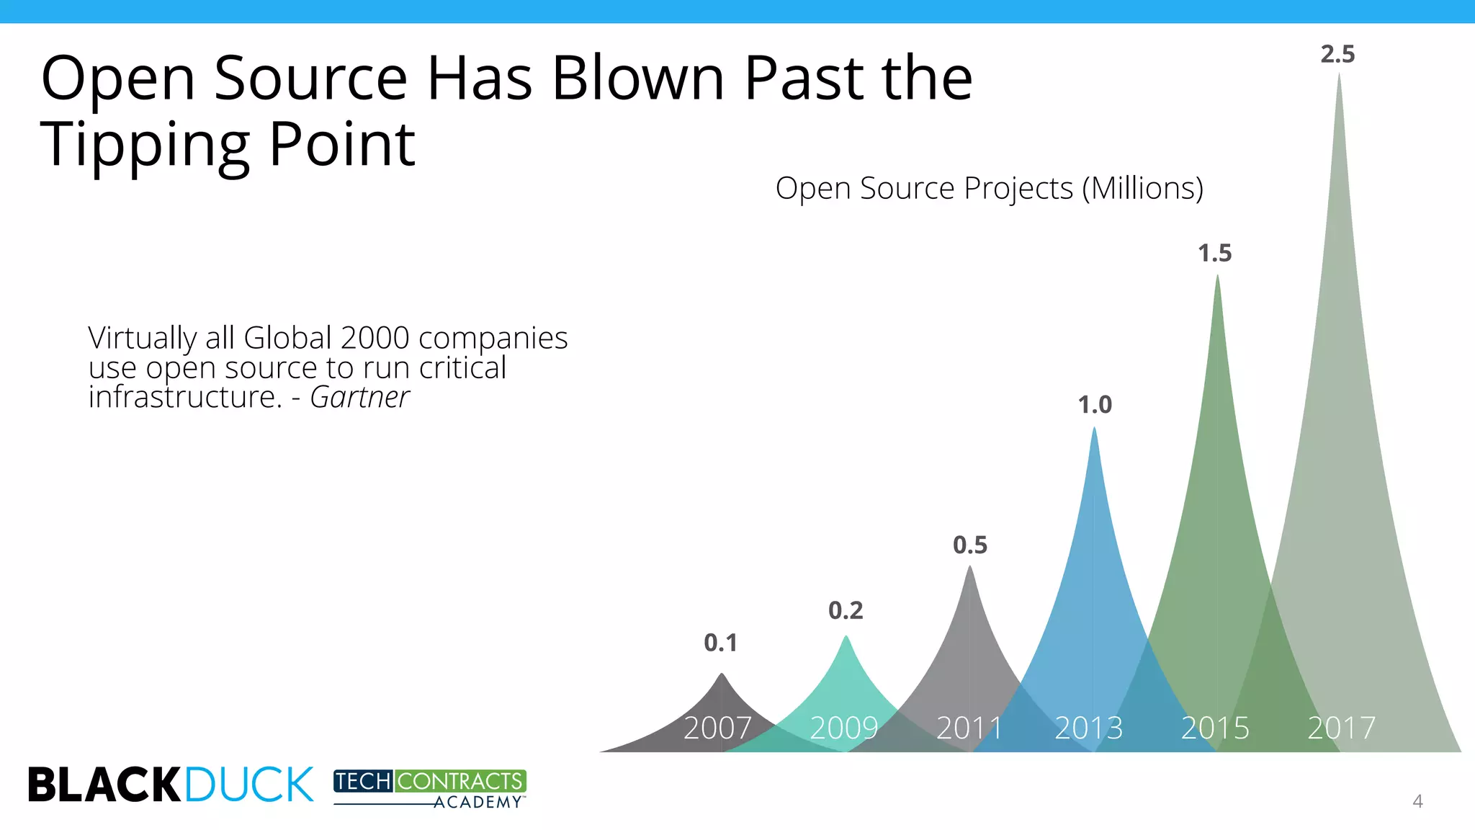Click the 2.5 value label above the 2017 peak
pos(1337,55)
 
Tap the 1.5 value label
pos(1215,254)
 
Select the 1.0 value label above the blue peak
pos(1095,405)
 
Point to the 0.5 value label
pos(970,545)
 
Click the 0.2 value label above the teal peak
pos(846,611)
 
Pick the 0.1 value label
pos(721,643)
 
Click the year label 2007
pos(717,728)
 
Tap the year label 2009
pos(844,728)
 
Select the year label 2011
pos(969,728)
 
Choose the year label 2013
pos(1089,728)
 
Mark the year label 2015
pos(1215,728)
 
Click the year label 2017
pos(1342,728)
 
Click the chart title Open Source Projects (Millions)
pos(989,189)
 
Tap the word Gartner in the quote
pos(359,397)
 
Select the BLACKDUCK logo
pos(171,785)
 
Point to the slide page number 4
pos(1417,801)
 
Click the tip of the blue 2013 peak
pos(1094,430)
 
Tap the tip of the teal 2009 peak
pos(846,638)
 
